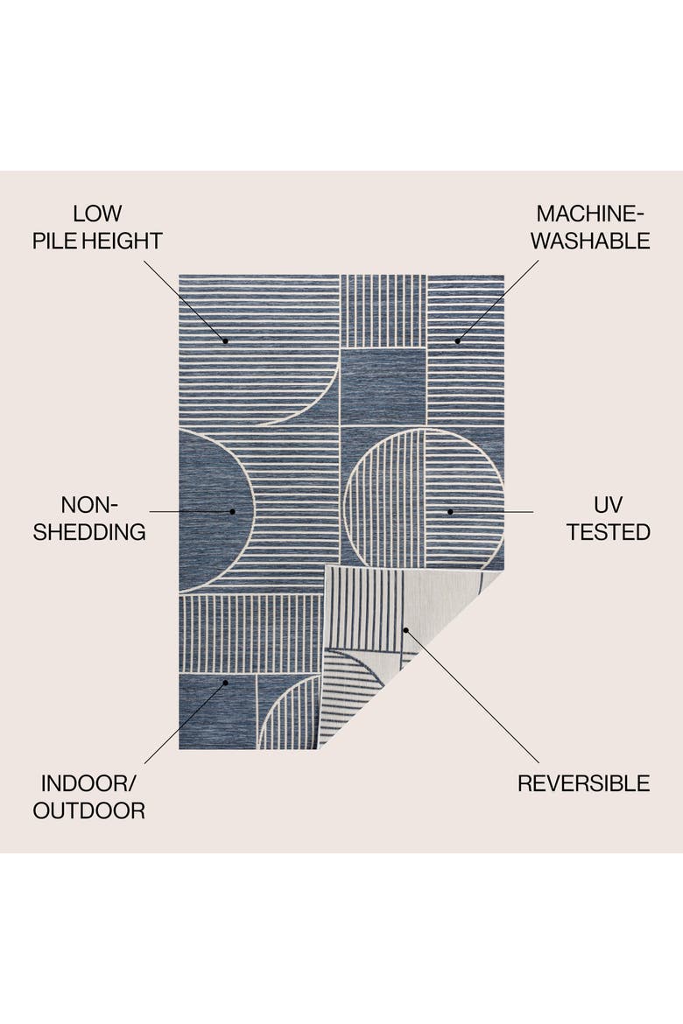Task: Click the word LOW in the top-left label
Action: pos(97,214)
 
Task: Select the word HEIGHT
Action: pos(122,241)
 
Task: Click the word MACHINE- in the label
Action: pos(590,214)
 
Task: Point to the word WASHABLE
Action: pos(590,241)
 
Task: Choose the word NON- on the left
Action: pos(89,505)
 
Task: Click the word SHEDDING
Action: pos(89,532)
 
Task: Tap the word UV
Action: pos(608,505)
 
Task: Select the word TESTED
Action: pos(609,532)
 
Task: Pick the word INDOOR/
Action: pos(88,783)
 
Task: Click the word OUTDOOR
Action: pos(89,810)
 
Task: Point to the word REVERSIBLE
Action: pos(584,783)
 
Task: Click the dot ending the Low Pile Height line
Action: pos(226,341)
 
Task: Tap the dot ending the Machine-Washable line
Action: pos(457,341)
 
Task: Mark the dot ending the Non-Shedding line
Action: pos(232,511)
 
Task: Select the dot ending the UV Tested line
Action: pos(450,511)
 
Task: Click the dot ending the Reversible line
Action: pos(405,630)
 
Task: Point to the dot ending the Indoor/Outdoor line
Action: pos(226,683)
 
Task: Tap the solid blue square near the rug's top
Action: pos(383,387)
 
